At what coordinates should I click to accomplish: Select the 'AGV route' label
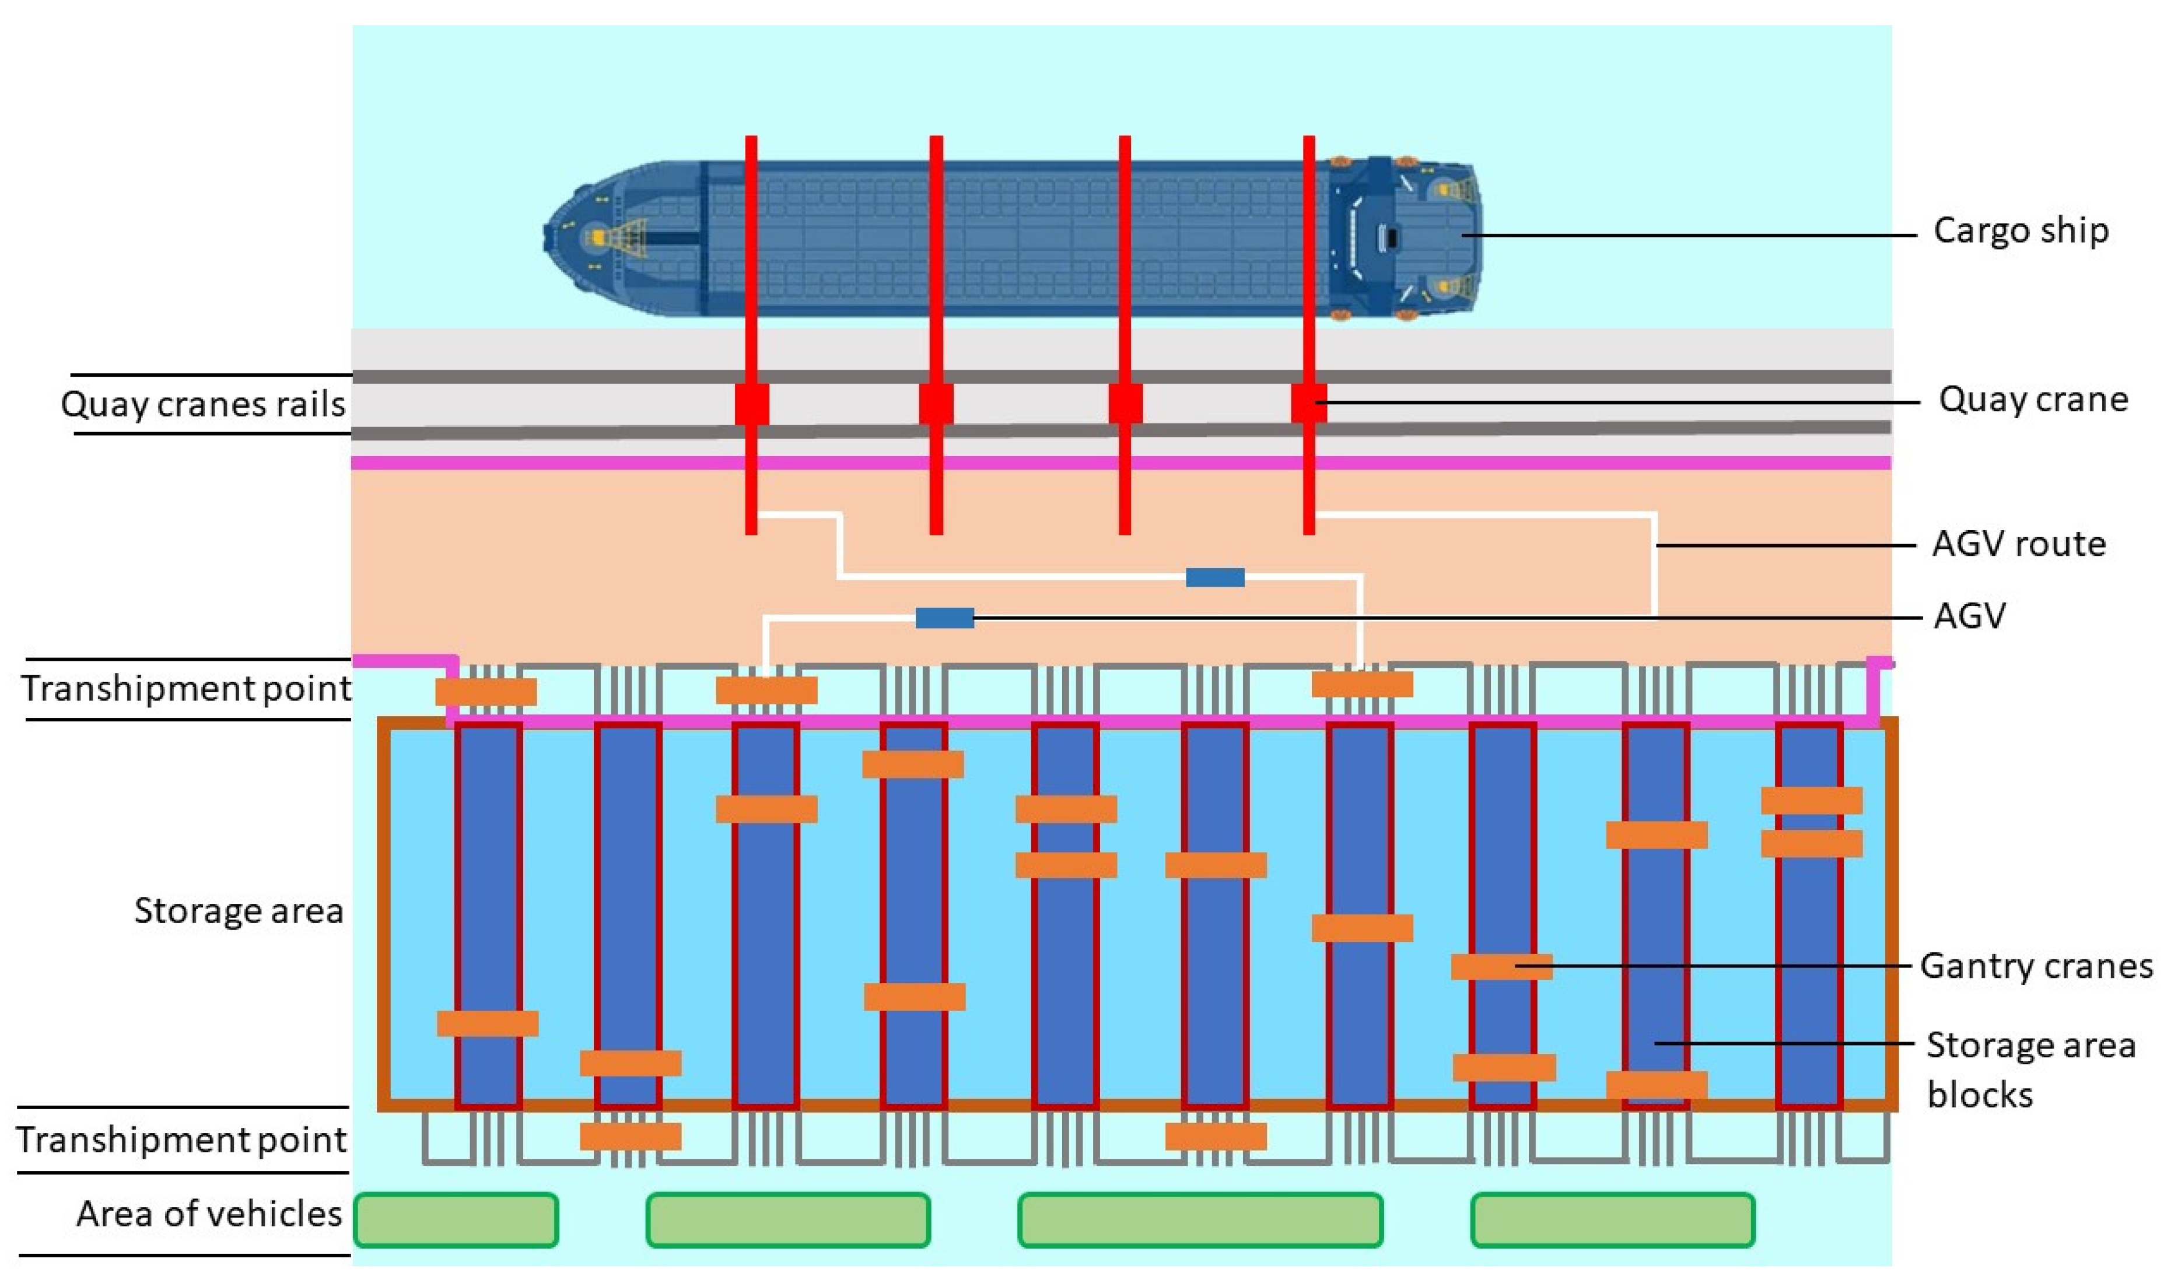(2018, 544)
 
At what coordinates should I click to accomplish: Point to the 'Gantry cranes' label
(2035, 966)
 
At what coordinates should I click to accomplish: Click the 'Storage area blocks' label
(2029, 1070)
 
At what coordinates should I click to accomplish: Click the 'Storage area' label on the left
(238, 910)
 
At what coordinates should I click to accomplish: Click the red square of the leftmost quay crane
(751, 404)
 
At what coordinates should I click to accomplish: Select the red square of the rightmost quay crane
(1308, 404)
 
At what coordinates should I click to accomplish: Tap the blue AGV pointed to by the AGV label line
(944, 617)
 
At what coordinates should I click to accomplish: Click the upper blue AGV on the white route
(1215, 577)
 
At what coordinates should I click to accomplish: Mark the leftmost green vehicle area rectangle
(456, 1220)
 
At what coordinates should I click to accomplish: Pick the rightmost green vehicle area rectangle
(1612, 1220)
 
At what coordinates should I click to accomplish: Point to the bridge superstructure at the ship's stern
(1384, 235)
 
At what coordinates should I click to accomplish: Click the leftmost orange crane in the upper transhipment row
(485, 692)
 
